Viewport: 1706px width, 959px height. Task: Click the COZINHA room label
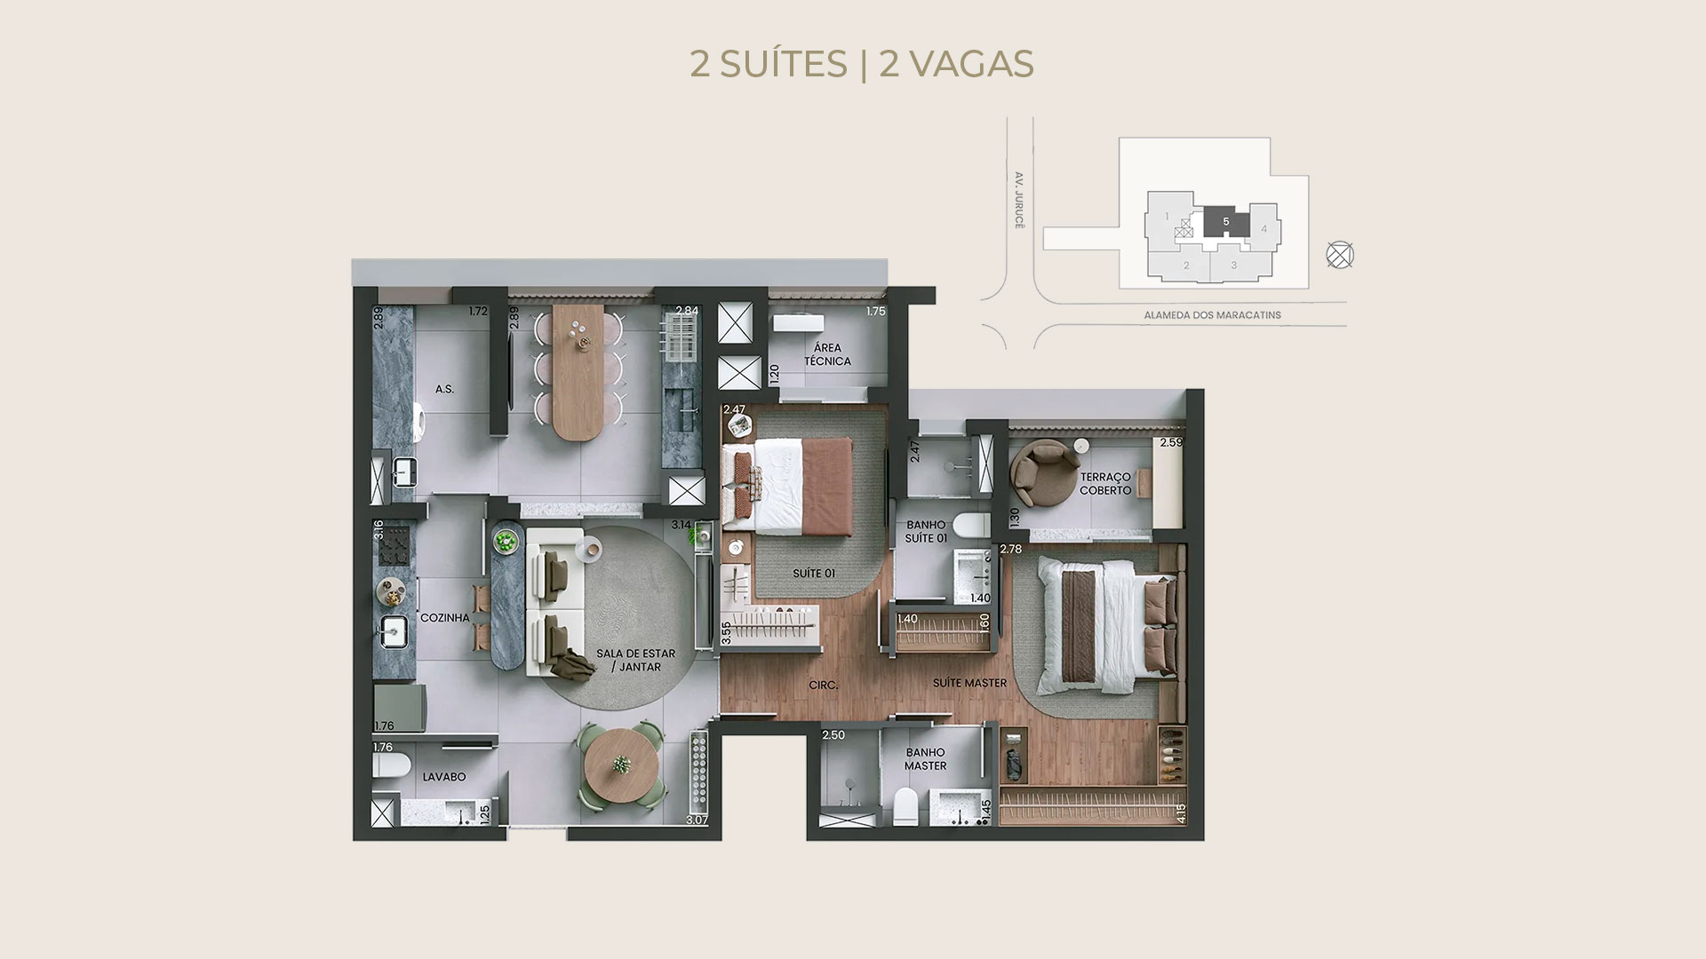444,618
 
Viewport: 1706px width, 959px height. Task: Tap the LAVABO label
444,777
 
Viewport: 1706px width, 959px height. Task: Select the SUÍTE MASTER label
969,683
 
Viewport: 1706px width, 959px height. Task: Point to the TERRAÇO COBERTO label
1105,484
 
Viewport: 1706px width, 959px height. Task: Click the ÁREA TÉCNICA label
827,354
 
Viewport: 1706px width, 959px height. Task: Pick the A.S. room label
444,389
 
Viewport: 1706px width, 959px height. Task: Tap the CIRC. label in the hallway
824,686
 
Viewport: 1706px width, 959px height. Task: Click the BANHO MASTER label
925,759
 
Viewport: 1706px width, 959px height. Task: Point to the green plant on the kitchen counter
506,540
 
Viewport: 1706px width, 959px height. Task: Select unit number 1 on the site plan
1167,217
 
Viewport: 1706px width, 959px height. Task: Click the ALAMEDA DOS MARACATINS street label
1212,315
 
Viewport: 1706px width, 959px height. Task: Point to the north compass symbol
1340,256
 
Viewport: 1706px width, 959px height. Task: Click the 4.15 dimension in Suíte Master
1180,814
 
